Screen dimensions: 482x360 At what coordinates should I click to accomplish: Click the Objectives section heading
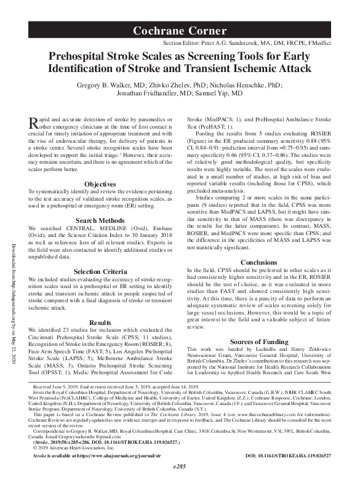(x=100, y=167)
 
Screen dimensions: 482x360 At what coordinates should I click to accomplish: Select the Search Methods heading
(x=100, y=220)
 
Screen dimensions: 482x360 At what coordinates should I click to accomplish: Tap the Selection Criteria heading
(x=100, y=271)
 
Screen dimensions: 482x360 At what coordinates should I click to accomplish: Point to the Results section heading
(x=100, y=322)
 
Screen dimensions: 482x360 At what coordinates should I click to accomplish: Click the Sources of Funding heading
(x=258, y=341)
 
